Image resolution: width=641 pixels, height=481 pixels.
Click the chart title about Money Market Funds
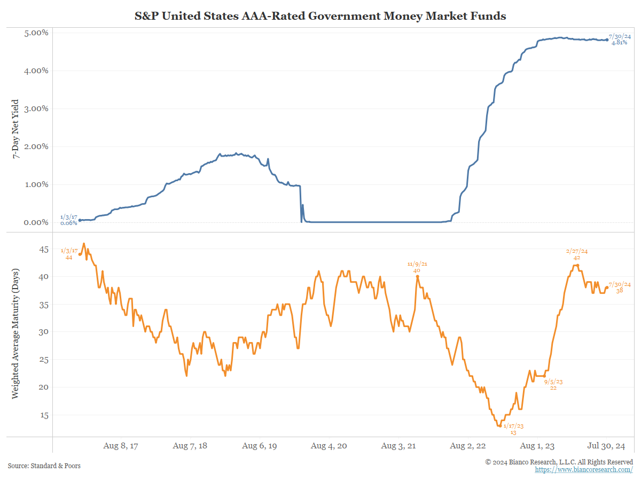(320, 16)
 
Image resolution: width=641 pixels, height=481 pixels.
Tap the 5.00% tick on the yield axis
(37, 33)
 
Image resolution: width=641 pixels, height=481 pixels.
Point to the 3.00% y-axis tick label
(37, 108)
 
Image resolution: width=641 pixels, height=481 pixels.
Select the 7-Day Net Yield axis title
(15, 128)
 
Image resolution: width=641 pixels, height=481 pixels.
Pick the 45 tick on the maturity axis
(43, 250)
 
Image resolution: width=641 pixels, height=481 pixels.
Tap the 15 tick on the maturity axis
(43, 415)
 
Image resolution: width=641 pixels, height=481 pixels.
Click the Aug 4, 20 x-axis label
(329, 446)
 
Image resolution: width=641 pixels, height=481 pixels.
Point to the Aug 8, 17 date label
(120, 446)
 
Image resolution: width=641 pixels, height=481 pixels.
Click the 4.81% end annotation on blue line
(620, 42)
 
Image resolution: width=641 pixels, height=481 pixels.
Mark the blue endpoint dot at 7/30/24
(607, 40)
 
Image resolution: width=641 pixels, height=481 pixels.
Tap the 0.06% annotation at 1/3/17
(68, 223)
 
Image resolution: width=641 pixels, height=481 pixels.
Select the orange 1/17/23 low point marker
(500, 426)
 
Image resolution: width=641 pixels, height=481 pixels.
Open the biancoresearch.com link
(584, 469)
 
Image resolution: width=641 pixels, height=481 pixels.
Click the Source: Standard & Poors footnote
(44, 466)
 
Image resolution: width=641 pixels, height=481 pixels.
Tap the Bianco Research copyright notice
(559, 462)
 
